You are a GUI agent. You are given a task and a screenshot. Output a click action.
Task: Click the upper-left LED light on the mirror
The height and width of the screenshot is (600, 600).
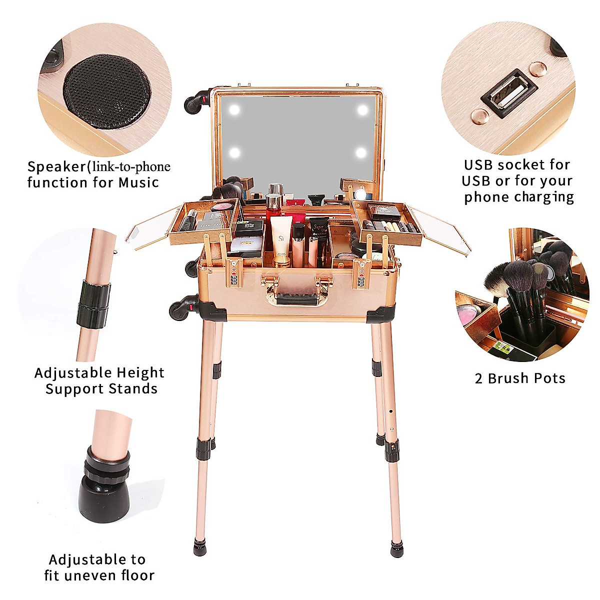point(234,109)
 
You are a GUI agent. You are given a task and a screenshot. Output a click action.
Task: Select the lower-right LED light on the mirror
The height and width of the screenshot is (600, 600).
point(361,152)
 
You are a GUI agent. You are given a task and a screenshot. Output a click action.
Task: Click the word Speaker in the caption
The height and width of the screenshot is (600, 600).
point(56,167)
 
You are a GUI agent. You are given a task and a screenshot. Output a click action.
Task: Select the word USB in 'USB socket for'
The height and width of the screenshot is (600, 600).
point(478,165)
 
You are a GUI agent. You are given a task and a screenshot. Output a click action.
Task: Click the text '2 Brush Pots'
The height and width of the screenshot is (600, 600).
point(520,378)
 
